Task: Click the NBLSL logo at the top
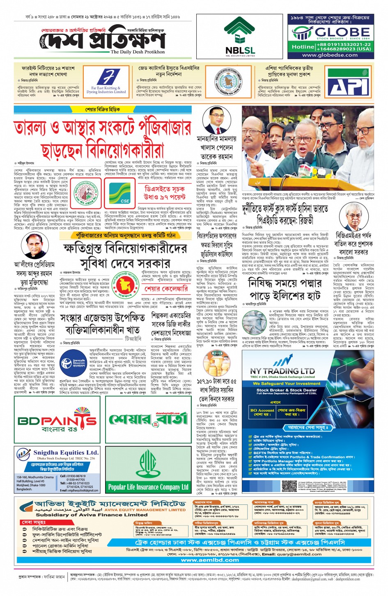coord(240,37)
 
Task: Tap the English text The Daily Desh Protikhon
coord(138,52)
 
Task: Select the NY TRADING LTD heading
coord(282,371)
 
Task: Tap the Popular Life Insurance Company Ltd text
coord(148,487)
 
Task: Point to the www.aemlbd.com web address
coord(210,560)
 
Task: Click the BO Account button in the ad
coord(262,412)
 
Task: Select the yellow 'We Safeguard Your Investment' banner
coord(286,383)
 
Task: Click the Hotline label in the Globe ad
coord(303,47)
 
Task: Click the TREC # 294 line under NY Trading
coord(282,377)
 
